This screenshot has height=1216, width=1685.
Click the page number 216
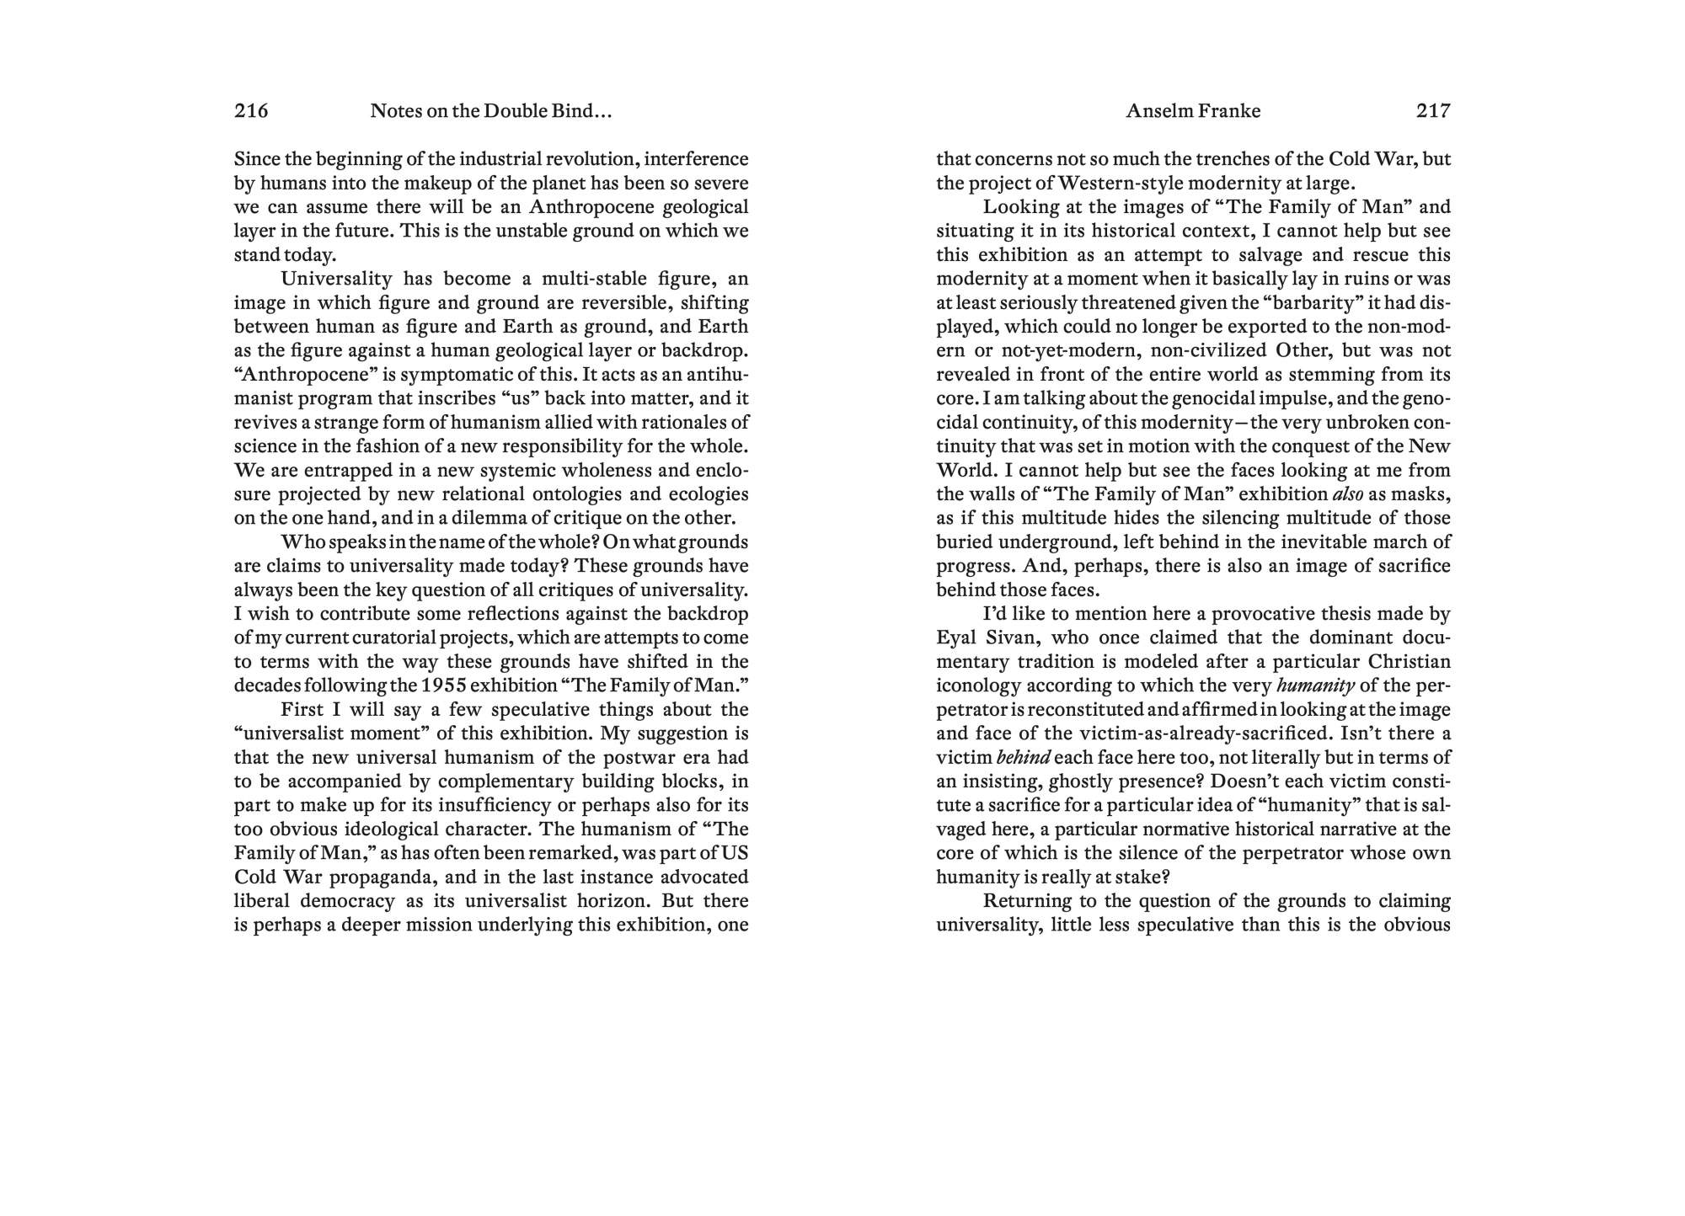[x=251, y=110]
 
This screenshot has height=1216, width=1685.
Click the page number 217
[x=1433, y=110]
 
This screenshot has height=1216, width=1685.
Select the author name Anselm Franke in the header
[x=1193, y=111]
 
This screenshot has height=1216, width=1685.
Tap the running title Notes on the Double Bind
[x=490, y=111]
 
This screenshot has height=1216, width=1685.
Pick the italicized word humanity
[x=1315, y=685]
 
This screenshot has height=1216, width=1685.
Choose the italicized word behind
[x=1024, y=757]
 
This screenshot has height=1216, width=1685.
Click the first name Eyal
[x=957, y=637]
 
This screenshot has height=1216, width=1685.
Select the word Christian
[x=1409, y=661]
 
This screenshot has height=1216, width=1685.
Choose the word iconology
[x=977, y=685]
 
